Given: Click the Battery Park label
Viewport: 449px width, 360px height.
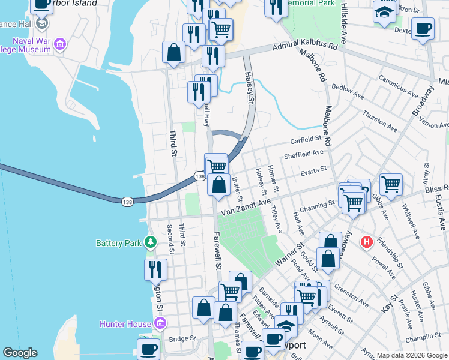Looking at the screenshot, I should click(x=119, y=243).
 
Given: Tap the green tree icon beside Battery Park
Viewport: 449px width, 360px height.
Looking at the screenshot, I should click(x=150, y=242).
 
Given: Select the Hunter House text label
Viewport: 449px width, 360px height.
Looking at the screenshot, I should click(x=126, y=325).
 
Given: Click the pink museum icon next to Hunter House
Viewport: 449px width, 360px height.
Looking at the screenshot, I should click(x=160, y=325).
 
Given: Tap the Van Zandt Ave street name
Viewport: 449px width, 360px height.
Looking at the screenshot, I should click(x=243, y=208).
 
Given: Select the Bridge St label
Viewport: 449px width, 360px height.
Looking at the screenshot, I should click(x=183, y=338).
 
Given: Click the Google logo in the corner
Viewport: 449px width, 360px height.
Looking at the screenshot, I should click(x=20, y=353).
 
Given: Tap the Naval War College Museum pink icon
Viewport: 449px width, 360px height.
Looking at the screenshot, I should click(x=59, y=43).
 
